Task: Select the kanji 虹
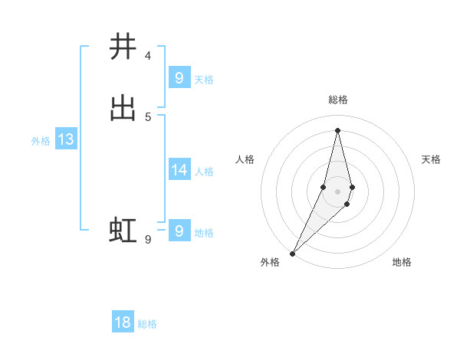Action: [x=123, y=230]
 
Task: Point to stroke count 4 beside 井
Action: [x=148, y=55]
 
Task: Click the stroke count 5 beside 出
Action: [x=148, y=116]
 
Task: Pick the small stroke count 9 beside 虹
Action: [x=148, y=240]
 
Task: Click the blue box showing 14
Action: [x=179, y=170]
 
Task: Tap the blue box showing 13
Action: [x=65, y=139]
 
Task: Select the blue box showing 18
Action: [x=123, y=322]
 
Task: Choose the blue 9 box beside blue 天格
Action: [x=179, y=77]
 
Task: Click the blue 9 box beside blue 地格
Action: [x=179, y=231]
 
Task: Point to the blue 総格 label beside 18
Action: [x=147, y=324]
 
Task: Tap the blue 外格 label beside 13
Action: [x=41, y=141]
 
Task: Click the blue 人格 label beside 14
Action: [x=204, y=172]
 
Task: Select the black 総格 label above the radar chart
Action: [x=338, y=100]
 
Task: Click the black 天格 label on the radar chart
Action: [x=431, y=159]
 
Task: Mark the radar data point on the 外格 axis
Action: [x=292, y=253]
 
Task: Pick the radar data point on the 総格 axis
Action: [x=338, y=129]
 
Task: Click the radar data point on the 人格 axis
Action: [x=324, y=187]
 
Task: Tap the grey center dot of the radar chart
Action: [x=338, y=191]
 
